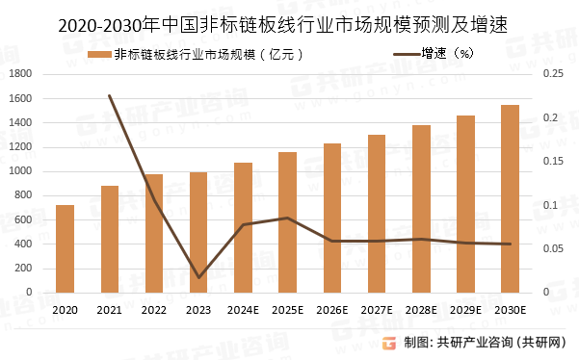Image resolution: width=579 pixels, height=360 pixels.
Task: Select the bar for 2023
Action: click(198, 232)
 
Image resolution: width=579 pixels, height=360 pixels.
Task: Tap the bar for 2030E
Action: click(510, 198)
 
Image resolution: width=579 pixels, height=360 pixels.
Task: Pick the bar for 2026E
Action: click(331, 218)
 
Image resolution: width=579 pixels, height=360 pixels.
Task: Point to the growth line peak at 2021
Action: click(110, 95)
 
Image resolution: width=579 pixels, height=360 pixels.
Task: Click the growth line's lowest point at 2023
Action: click(198, 277)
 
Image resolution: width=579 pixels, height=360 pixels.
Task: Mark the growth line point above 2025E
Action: click(287, 218)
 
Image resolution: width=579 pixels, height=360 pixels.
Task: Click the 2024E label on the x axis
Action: click(243, 309)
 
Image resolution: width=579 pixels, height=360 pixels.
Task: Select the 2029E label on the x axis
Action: click(465, 309)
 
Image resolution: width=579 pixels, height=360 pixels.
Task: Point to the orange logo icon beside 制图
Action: click(389, 342)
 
